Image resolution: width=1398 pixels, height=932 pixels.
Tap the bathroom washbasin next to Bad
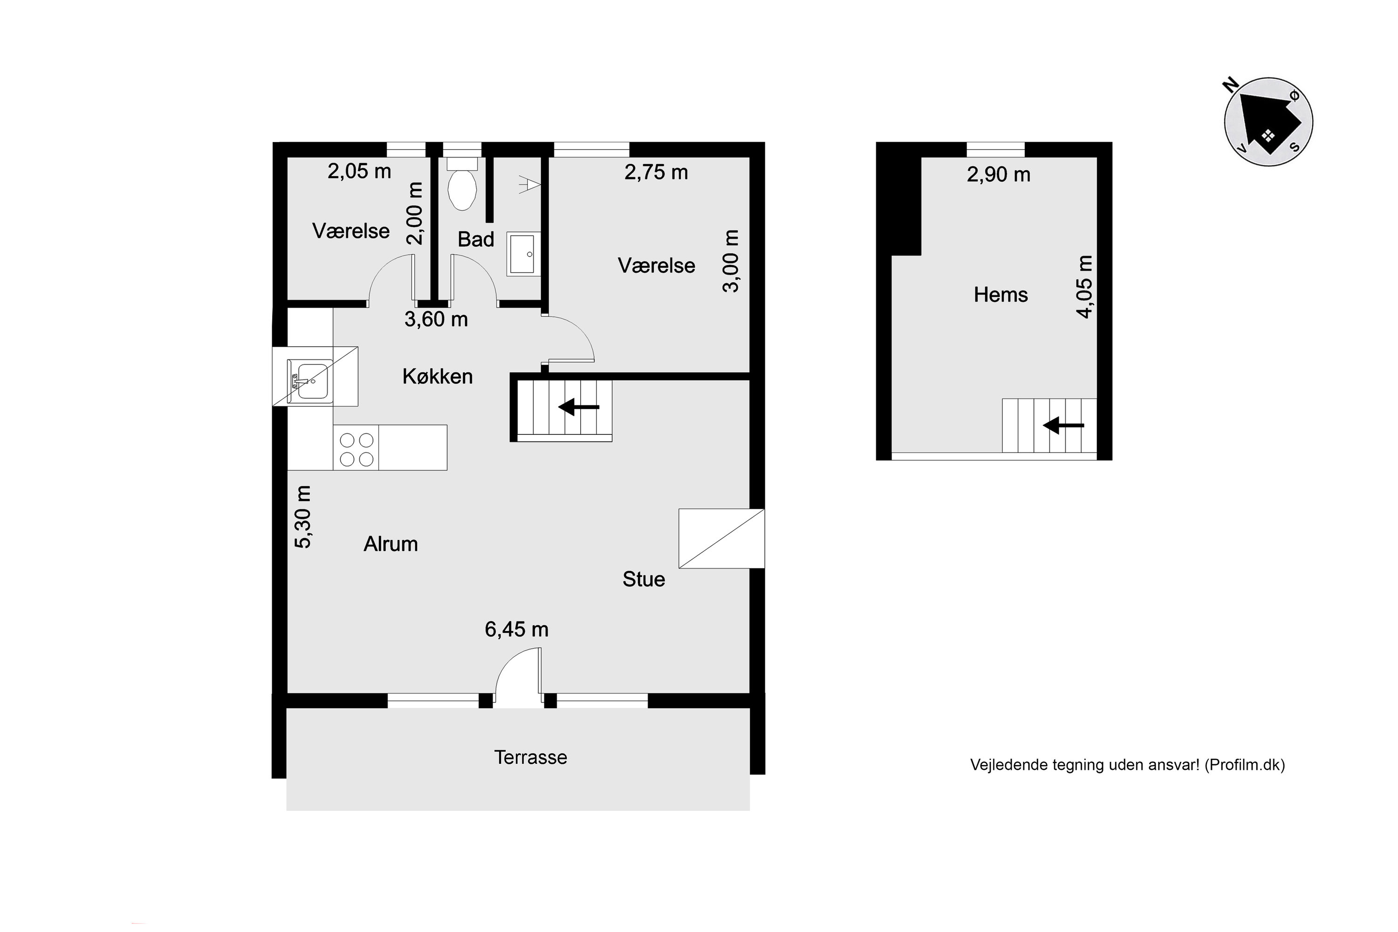[523, 254]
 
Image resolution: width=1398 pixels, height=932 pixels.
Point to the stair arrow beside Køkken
[578, 407]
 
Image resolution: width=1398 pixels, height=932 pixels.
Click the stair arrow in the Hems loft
[1063, 425]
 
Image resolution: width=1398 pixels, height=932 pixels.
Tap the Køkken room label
[438, 376]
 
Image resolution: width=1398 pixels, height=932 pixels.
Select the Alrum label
[391, 544]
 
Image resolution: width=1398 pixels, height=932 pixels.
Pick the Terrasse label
[531, 757]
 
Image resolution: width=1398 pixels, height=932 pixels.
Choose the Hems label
[1001, 295]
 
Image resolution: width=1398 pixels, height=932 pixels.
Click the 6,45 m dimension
[516, 630]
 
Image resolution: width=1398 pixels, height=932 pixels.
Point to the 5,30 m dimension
[303, 516]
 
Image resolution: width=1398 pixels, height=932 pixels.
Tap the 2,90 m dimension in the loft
[999, 175]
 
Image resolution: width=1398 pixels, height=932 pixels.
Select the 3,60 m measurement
[436, 320]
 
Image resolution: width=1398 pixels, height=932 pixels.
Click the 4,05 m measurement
[1085, 287]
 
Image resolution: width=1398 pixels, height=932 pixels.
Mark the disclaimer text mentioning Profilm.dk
[1128, 765]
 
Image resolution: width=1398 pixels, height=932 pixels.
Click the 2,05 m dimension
[360, 172]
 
